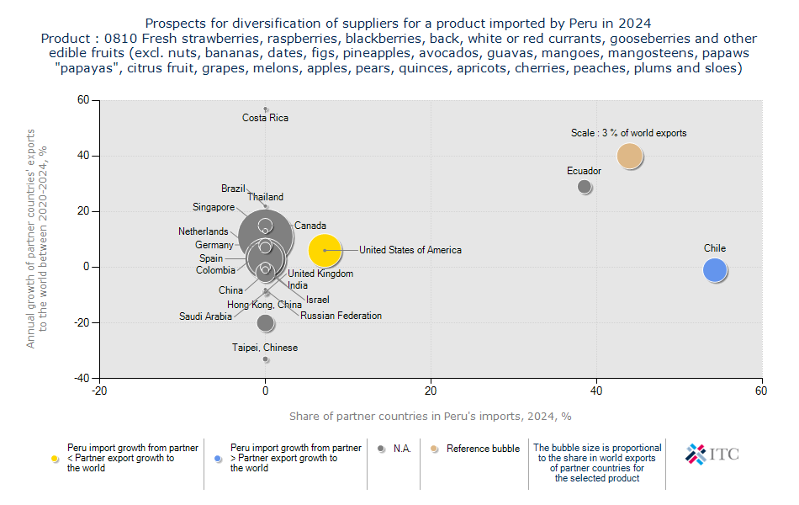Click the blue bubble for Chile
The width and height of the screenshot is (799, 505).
pos(714,270)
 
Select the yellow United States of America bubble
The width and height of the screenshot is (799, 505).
pos(325,250)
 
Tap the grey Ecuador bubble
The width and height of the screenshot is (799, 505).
pos(585,186)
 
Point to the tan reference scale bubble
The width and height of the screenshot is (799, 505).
pos(630,156)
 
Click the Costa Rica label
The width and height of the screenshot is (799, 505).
pos(265,118)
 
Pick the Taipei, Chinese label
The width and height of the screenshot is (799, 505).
pos(265,348)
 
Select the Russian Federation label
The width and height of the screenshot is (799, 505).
pos(341,316)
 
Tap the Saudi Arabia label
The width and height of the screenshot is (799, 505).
pos(205,316)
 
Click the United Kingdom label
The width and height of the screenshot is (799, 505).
pos(320,274)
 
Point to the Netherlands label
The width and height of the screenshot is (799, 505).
pos(203,231)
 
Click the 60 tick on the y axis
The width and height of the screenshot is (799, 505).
pos(83,100)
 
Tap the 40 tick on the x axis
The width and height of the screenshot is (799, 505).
pos(596,391)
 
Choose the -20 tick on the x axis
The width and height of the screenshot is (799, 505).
pos(99,391)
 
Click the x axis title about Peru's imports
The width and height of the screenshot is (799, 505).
pos(431,416)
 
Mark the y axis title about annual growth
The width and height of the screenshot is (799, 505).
pos(37,239)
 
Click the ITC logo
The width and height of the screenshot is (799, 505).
pos(712,454)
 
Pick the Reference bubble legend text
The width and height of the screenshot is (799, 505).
pos(483,449)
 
